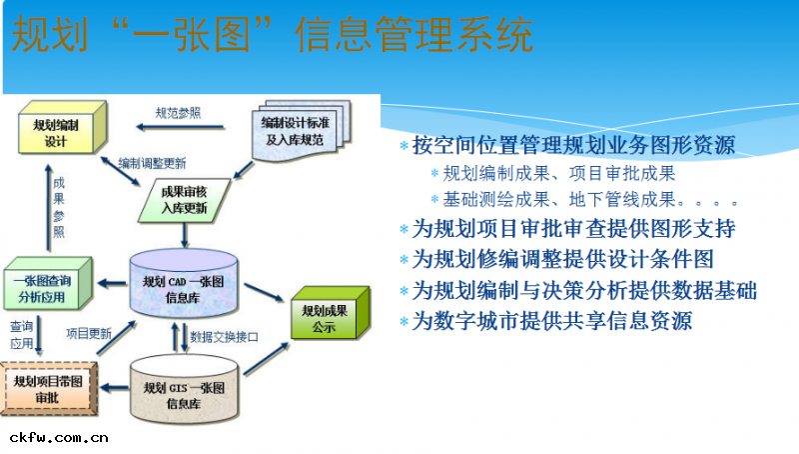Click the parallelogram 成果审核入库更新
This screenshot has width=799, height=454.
184,200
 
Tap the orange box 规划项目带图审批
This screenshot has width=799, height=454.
48,389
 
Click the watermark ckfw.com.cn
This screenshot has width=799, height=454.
58,437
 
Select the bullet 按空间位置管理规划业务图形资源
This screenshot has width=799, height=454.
574,145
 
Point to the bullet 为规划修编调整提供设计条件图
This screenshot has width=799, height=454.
563,259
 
